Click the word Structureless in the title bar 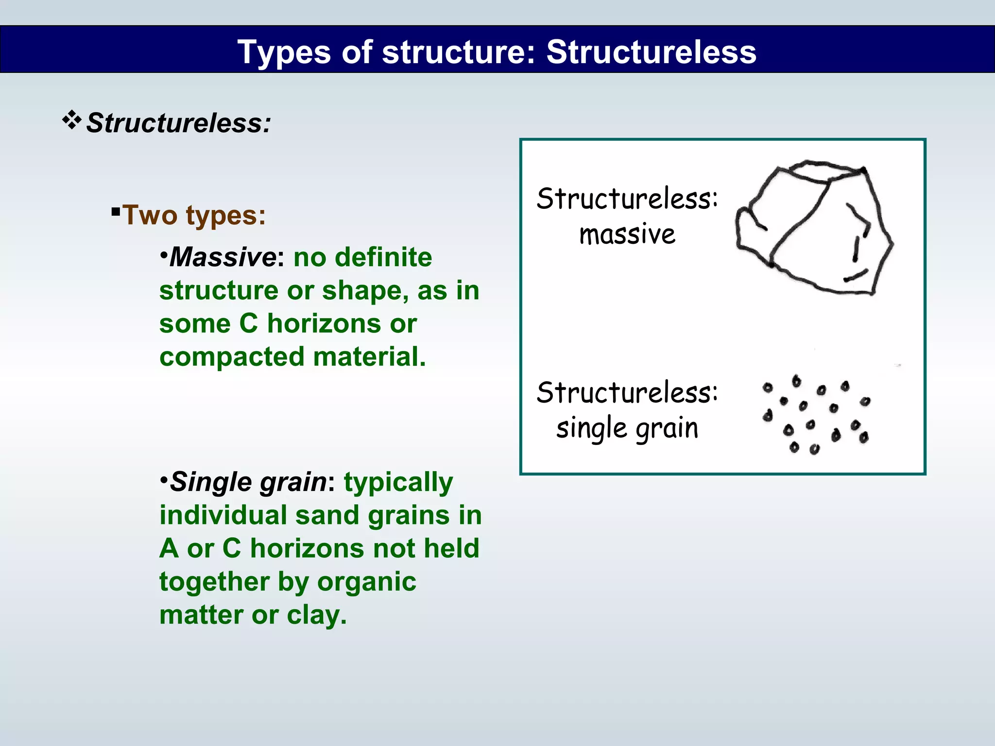click(651, 51)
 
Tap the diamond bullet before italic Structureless click(71, 120)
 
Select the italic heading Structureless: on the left click(178, 123)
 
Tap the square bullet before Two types click(116, 211)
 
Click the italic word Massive click(223, 257)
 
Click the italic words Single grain click(248, 482)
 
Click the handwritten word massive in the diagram click(627, 235)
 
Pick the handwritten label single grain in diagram click(627, 428)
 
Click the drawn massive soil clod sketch click(814, 228)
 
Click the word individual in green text click(223, 515)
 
